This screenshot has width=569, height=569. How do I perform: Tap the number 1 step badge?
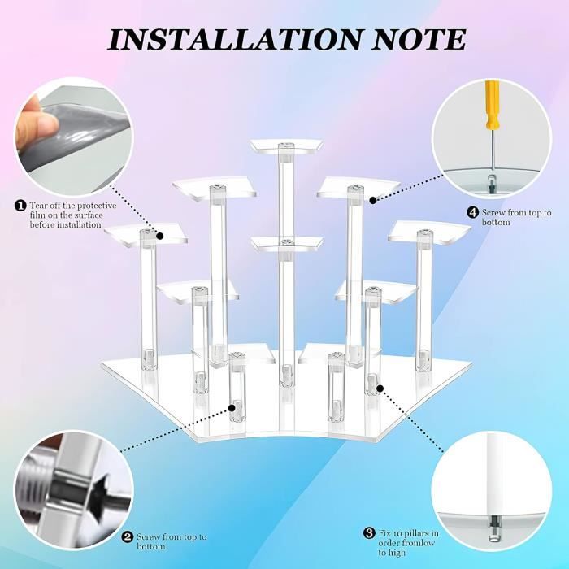coord(20,206)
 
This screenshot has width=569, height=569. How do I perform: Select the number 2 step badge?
coord(128,536)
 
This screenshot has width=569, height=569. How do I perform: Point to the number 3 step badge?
coord(369,533)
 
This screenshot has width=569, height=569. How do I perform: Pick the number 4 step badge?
coord(472,212)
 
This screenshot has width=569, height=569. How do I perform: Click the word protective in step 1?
coord(98,206)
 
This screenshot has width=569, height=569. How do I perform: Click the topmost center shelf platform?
coord(286,146)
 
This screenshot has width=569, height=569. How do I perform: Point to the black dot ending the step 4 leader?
coord(372,200)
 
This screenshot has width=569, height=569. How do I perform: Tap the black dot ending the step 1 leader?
coord(160,237)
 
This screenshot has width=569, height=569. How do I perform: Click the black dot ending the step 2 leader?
coord(232,408)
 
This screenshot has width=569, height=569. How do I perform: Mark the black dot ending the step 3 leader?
coord(380,389)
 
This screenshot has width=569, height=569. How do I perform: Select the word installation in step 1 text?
coord(81,224)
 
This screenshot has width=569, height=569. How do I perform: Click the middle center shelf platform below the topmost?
coord(287,244)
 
